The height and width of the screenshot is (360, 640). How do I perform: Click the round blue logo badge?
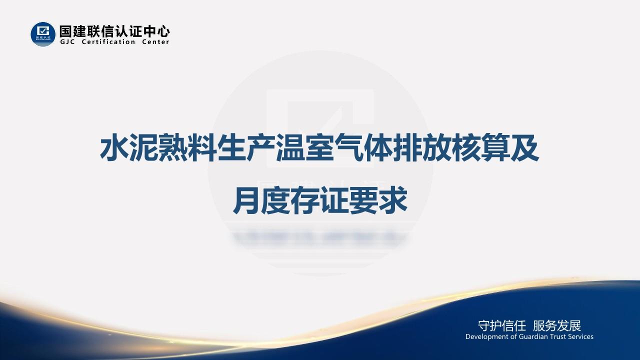[43, 34]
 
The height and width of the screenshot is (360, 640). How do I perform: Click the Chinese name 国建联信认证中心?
[114, 31]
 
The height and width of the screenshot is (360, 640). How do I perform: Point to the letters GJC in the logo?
[67, 42]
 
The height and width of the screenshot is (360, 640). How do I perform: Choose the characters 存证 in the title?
[319, 200]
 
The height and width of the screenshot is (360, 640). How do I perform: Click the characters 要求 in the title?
[378, 200]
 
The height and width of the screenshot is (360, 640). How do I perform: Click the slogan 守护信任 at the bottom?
[501, 326]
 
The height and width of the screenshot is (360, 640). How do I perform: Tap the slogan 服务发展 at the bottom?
[557, 326]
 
